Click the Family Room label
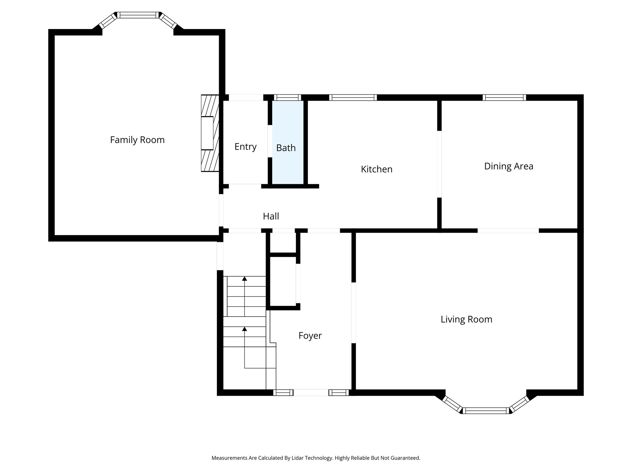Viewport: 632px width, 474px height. click(x=137, y=140)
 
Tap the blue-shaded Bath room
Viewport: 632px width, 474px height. click(x=287, y=160)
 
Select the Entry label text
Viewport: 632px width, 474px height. click(x=245, y=147)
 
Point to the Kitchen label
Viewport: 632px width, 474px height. click(x=376, y=169)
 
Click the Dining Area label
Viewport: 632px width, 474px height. click(x=509, y=166)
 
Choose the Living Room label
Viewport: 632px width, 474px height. click(x=466, y=319)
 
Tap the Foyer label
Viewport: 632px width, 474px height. click(x=310, y=335)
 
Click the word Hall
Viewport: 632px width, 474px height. click(x=271, y=216)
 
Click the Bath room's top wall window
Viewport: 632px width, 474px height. click(x=287, y=98)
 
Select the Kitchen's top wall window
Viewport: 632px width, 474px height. click(x=353, y=98)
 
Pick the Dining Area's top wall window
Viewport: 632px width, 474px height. click(x=504, y=98)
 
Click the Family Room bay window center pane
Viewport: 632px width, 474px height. click(x=138, y=15)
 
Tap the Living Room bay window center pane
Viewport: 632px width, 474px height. click(x=486, y=410)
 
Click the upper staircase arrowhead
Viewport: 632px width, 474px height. click(x=245, y=279)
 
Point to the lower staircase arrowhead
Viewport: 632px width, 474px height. click(x=245, y=329)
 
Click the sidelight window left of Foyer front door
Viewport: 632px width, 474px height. click(x=283, y=393)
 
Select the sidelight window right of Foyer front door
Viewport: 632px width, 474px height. click(x=339, y=393)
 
